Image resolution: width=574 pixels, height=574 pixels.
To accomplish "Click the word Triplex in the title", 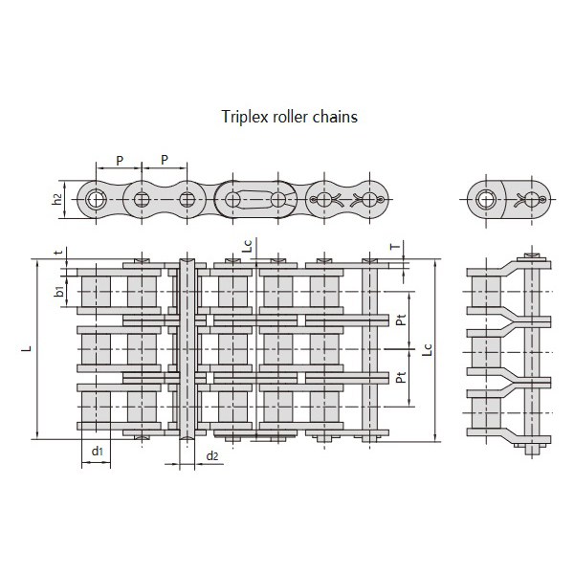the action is (242, 117).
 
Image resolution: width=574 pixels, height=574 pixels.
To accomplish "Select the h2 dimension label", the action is (57, 199).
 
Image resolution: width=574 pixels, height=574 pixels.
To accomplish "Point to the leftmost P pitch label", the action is (120, 161).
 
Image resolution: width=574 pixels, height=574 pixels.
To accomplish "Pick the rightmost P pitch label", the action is (165, 160).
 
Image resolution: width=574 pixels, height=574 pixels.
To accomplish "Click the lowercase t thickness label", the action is (58, 252).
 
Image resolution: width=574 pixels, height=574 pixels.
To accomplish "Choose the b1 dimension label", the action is (59, 292).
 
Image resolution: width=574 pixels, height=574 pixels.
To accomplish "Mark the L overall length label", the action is (27, 348).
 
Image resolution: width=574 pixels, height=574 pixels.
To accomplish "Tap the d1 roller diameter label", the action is (97, 451).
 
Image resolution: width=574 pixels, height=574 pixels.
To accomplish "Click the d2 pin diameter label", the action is (212, 455).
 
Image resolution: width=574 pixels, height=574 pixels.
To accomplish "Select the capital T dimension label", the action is (395, 247).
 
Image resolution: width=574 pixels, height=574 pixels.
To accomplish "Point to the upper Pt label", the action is (402, 320).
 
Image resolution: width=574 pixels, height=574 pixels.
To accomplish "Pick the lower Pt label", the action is (402, 377).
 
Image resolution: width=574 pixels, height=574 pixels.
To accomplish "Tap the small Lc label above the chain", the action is (248, 246).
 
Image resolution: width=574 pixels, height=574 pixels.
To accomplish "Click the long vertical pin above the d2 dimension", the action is (188, 349).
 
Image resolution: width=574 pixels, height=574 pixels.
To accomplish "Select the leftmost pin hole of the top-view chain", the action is (96, 200).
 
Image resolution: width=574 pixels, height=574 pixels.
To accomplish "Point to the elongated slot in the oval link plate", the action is (255, 200).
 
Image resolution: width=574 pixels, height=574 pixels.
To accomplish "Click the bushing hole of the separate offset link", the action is (486, 200).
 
